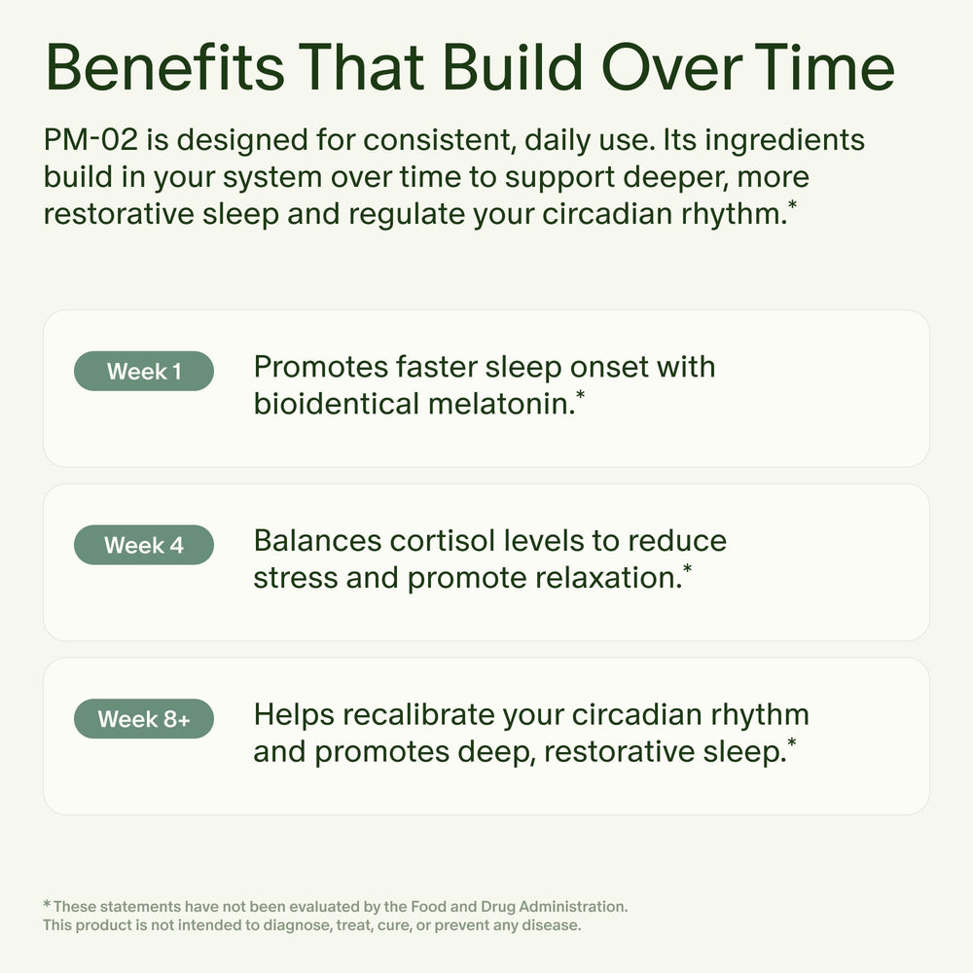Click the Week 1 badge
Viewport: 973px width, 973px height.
[x=143, y=372]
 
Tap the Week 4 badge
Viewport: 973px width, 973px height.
[x=143, y=545]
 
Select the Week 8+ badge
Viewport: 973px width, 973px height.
[x=143, y=720]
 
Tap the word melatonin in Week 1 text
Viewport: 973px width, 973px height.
[x=497, y=403]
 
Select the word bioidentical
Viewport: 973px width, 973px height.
[x=337, y=403]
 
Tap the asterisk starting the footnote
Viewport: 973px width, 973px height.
[x=47, y=905]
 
